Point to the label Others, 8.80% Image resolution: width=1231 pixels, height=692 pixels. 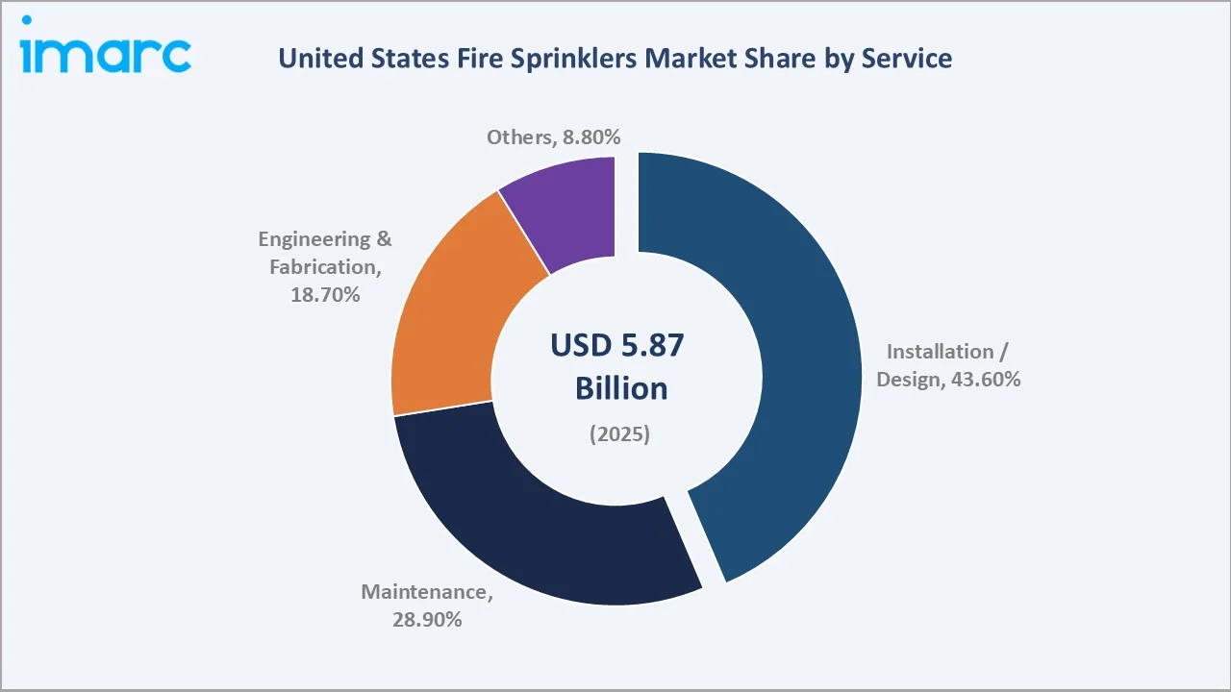click(x=553, y=137)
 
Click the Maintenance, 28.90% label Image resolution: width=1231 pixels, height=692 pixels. click(x=427, y=605)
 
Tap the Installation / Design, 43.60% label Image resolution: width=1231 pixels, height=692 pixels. click(x=948, y=365)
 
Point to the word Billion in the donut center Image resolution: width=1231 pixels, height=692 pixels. click(x=620, y=389)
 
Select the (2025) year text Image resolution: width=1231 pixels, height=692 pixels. click(x=619, y=434)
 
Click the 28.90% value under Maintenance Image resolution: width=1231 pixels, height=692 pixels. click(x=427, y=620)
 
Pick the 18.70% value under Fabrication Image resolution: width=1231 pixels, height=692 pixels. click(x=325, y=295)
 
